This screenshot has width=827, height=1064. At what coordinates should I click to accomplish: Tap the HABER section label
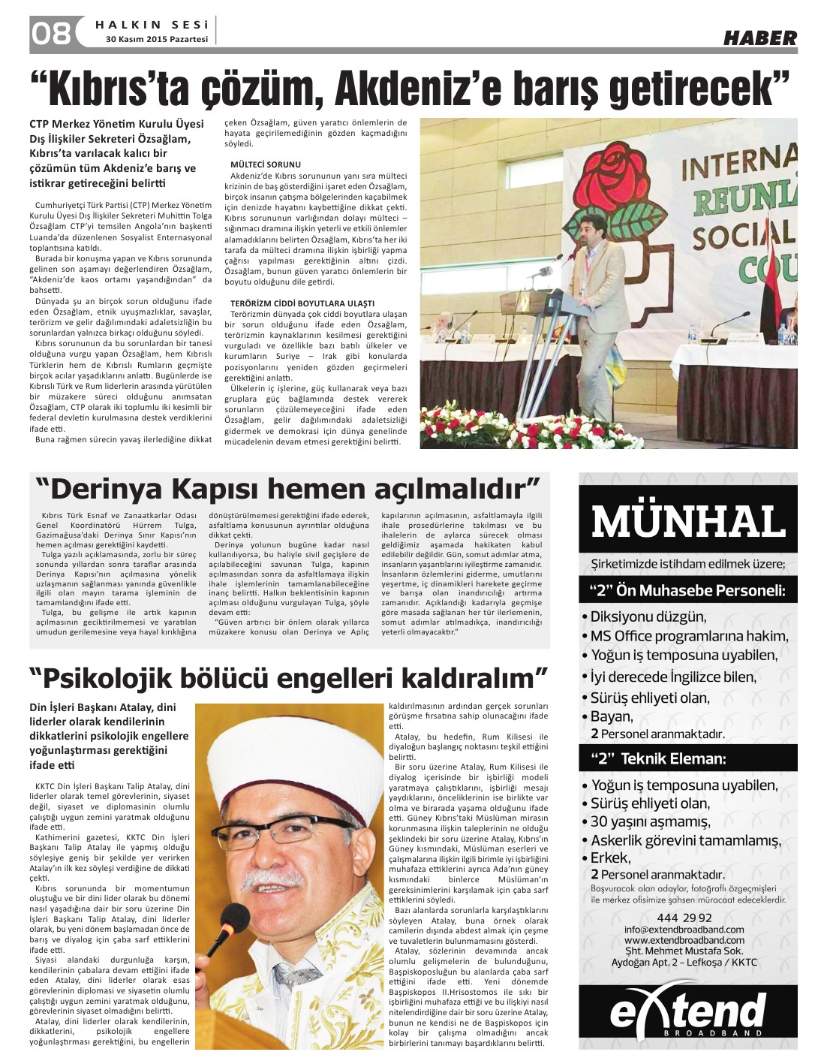(759, 38)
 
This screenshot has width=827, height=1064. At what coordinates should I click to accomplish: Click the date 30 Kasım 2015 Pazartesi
(157, 39)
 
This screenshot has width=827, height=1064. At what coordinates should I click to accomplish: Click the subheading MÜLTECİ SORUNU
(266, 164)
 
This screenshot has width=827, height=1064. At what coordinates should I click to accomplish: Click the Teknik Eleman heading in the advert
(658, 758)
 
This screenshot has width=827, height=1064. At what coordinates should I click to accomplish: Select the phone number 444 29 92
(684, 918)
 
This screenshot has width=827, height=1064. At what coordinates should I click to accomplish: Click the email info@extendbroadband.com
(684, 930)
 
